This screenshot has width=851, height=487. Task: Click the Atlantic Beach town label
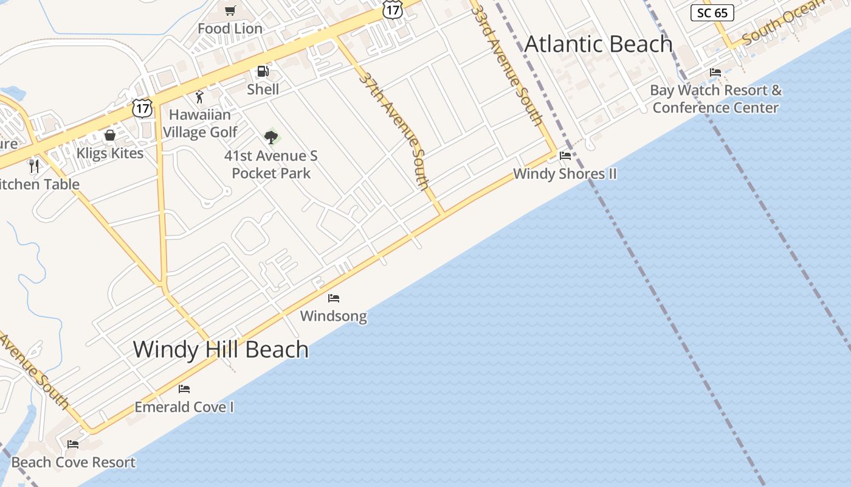click(x=598, y=44)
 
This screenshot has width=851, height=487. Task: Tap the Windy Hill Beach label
click(x=221, y=349)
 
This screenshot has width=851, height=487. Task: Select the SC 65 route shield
click(x=712, y=13)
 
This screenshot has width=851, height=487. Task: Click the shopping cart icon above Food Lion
click(x=230, y=10)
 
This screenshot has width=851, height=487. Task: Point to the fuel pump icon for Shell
click(x=263, y=72)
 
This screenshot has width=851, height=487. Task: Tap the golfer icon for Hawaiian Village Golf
click(x=199, y=96)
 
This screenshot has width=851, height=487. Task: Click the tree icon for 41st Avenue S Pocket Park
click(x=271, y=137)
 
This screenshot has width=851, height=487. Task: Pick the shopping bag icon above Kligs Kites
click(x=110, y=135)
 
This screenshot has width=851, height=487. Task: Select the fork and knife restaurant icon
click(x=34, y=166)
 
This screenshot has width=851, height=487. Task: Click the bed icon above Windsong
click(x=334, y=298)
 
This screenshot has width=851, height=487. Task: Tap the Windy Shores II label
click(x=565, y=173)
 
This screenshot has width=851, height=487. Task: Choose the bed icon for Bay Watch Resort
click(x=715, y=72)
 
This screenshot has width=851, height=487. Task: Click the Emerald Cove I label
click(x=184, y=407)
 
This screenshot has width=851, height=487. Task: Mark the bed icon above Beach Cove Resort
click(x=73, y=444)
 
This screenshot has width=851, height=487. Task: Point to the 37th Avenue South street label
click(x=394, y=130)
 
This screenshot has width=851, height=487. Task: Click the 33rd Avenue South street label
click(x=506, y=64)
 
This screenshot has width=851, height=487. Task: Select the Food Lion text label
click(x=230, y=29)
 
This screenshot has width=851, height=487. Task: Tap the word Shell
click(x=263, y=89)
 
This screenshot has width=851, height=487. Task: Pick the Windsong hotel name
click(x=334, y=316)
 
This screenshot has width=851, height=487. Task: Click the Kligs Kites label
click(x=110, y=153)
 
